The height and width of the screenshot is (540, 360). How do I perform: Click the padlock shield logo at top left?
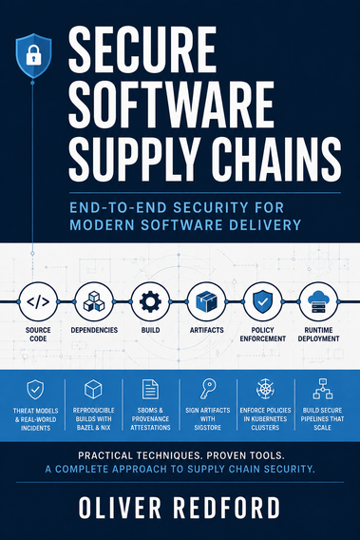click(34, 56)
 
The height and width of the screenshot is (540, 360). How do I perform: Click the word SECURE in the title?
click(142, 49)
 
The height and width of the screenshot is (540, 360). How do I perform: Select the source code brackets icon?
click(38, 302)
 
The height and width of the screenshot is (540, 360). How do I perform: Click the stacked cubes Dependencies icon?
click(94, 301)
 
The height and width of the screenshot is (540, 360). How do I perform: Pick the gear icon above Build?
click(150, 302)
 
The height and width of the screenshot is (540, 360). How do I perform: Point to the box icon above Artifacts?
click(206, 301)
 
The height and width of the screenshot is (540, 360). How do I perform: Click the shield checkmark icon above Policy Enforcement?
click(262, 301)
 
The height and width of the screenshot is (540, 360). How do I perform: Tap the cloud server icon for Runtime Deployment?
click(319, 301)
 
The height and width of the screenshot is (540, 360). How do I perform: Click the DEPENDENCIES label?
click(94, 330)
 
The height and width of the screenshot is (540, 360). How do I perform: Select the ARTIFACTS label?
click(206, 330)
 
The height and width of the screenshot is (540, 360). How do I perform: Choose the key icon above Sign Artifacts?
click(208, 389)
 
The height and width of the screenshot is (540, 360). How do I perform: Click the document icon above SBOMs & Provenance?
click(150, 389)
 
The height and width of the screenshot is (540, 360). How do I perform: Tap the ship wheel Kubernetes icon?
click(265, 389)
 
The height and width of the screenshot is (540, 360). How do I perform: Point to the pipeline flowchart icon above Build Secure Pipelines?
click(323, 389)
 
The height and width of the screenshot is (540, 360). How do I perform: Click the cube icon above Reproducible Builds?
click(93, 389)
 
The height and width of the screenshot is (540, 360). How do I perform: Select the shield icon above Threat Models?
click(35, 390)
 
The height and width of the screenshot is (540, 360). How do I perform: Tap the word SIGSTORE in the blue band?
click(207, 428)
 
